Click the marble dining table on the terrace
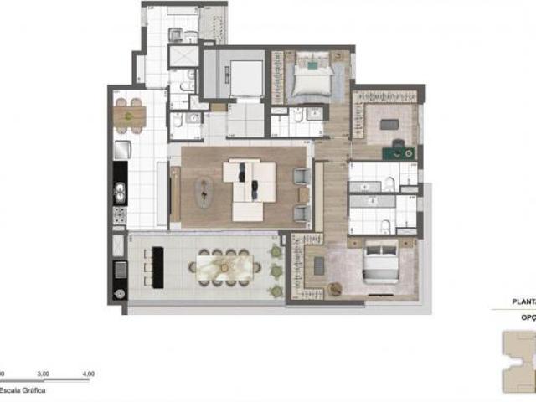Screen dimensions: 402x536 click(220, 267)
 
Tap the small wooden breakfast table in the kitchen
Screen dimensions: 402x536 click(130, 115)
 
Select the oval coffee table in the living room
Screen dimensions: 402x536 click(204, 191)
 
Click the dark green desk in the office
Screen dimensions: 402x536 click(397, 152)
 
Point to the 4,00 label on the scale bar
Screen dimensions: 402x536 click(87, 374)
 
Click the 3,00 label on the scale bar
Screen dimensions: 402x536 click(44, 374)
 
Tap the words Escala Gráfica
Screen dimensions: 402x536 click(23, 390)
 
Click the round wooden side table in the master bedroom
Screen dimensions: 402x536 click(336, 289)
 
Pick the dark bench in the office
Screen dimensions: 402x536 click(389, 123)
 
